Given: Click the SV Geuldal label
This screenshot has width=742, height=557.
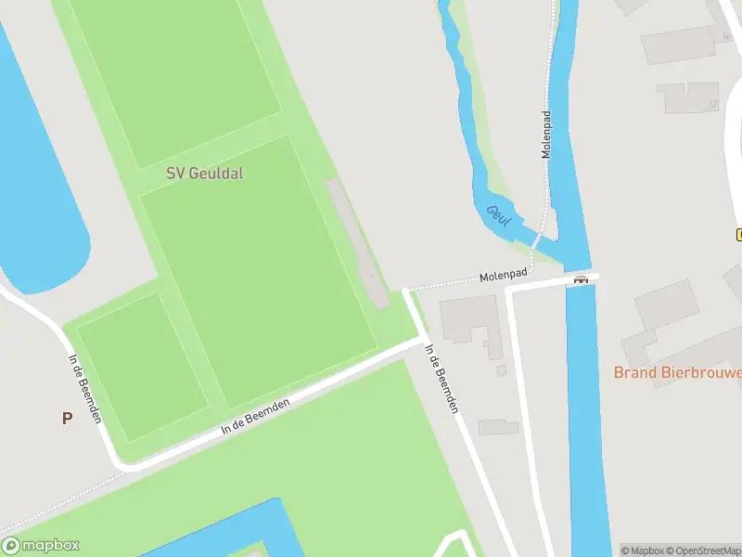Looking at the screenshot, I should pyautogui.click(x=205, y=173).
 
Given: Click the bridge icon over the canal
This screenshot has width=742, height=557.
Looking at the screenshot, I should pyautogui.click(x=582, y=278).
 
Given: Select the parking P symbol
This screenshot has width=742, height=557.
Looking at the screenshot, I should pyautogui.click(x=67, y=419).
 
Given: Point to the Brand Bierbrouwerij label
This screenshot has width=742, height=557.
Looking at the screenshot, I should pyautogui.click(x=677, y=372).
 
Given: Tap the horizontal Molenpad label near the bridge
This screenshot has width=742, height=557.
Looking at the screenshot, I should pyautogui.click(x=504, y=276).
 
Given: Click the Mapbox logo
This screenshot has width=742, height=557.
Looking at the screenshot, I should pyautogui.click(x=41, y=546).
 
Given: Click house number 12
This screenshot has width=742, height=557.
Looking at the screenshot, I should pyautogui.click(x=712, y=104).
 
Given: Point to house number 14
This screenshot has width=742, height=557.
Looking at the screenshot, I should pyautogui.click(x=726, y=37).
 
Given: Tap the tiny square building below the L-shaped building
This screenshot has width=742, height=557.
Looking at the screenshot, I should pyautogui.click(x=502, y=370).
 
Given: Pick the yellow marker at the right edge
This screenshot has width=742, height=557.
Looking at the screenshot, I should pyautogui.click(x=738, y=234).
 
